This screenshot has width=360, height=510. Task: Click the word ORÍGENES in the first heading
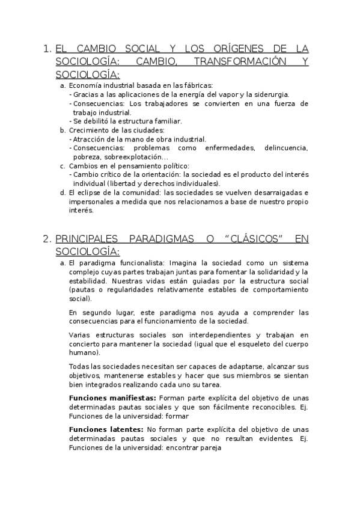pos(225,49)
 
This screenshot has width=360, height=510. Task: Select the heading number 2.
pos(47,239)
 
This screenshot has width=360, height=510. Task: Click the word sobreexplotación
pos(133,156)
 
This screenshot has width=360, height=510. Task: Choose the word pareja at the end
pos(210,447)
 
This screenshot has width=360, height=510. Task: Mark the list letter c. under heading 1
pos(63,166)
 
